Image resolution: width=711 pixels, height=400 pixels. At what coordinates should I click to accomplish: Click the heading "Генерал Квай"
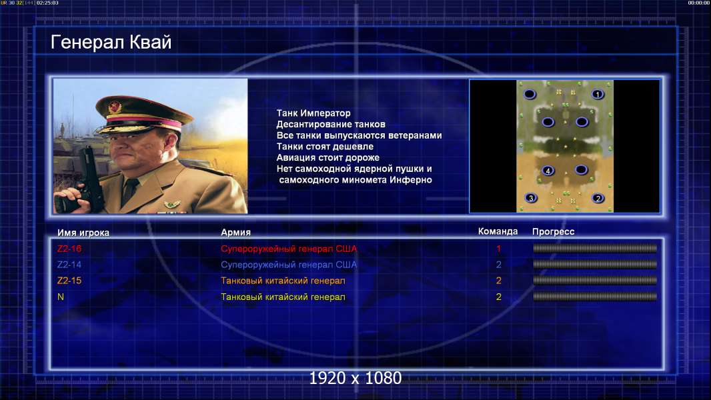click(x=111, y=42)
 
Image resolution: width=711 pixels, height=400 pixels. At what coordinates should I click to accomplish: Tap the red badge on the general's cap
click(x=115, y=107)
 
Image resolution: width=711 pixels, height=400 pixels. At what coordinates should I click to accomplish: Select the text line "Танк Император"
click(x=313, y=113)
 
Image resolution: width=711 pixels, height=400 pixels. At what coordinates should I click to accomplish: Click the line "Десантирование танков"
click(x=331, y=124)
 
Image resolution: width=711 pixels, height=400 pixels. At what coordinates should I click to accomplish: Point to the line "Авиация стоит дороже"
click(x=328, y=157)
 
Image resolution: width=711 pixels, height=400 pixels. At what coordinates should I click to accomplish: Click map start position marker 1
click(x=598, y=94)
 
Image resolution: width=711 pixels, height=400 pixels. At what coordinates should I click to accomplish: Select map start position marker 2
click(x=598, y=198)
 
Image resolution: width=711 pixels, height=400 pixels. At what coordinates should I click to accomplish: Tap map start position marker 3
click(x=531, y=198)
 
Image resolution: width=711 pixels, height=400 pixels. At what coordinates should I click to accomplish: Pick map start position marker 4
click(x=548, y=171)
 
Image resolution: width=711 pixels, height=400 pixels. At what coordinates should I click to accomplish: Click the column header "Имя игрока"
click(x=83, y=233)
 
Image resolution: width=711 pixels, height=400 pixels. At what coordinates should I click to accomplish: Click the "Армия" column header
click(x=236, y=233)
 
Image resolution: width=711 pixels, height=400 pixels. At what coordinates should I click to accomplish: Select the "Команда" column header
click(x=498, y=231)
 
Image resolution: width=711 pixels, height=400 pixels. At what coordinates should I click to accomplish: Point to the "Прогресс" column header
click(x=553, y=232)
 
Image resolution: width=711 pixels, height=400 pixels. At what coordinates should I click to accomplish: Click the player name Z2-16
click(x=69, y=249)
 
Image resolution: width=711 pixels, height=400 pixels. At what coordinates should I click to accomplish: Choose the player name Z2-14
click(x=69, y=265)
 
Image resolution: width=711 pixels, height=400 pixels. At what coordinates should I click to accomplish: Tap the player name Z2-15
click(x=69, y=281)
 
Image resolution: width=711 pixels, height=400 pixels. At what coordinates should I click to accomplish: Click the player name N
click(x=61, y=297)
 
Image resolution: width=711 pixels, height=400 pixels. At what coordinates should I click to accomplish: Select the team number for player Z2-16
click(x=499, y=249)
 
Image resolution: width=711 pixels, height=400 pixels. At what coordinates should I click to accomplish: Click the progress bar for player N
click(x=595, y=297)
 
